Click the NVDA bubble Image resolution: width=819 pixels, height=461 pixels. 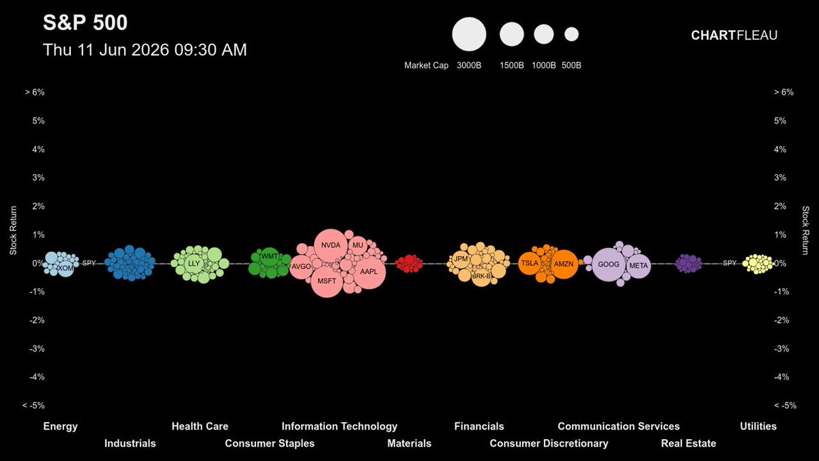click(x=331, y=245)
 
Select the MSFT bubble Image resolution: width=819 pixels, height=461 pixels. click(x=327, y=281)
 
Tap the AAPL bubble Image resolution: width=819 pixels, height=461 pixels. click(x=369, y=272)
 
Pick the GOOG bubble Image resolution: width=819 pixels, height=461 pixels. click(x=608, y=264)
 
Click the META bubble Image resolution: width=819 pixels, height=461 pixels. click(x=638, y=266)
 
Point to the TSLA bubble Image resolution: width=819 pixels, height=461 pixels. click(x=530, y=264)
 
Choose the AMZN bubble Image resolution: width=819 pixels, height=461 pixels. click(x=564, y=264)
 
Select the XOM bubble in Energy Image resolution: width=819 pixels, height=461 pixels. click(x=66, y=268)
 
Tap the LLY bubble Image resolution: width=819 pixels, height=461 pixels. click(x=194, y=264)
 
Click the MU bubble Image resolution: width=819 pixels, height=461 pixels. click(x=358, y=245)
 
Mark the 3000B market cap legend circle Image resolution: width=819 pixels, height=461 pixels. click(x=469, y=34)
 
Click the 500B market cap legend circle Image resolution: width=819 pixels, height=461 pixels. click(x=571, y=34)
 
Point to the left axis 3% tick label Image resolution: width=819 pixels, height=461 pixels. click(x=38, y=178)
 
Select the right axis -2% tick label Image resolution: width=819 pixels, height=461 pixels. click(x=781, y=320)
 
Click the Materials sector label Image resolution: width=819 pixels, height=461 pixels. click(x=409, y=443)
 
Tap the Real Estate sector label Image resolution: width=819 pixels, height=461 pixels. click(x=689, y=443)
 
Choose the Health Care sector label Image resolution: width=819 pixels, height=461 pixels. click(x=200, y=426)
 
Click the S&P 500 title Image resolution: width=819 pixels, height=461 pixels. click(x=85, y=23)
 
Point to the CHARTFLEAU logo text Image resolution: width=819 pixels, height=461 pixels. click(x=734, y=35)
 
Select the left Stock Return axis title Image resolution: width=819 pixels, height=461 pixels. click(x=13, y=231)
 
